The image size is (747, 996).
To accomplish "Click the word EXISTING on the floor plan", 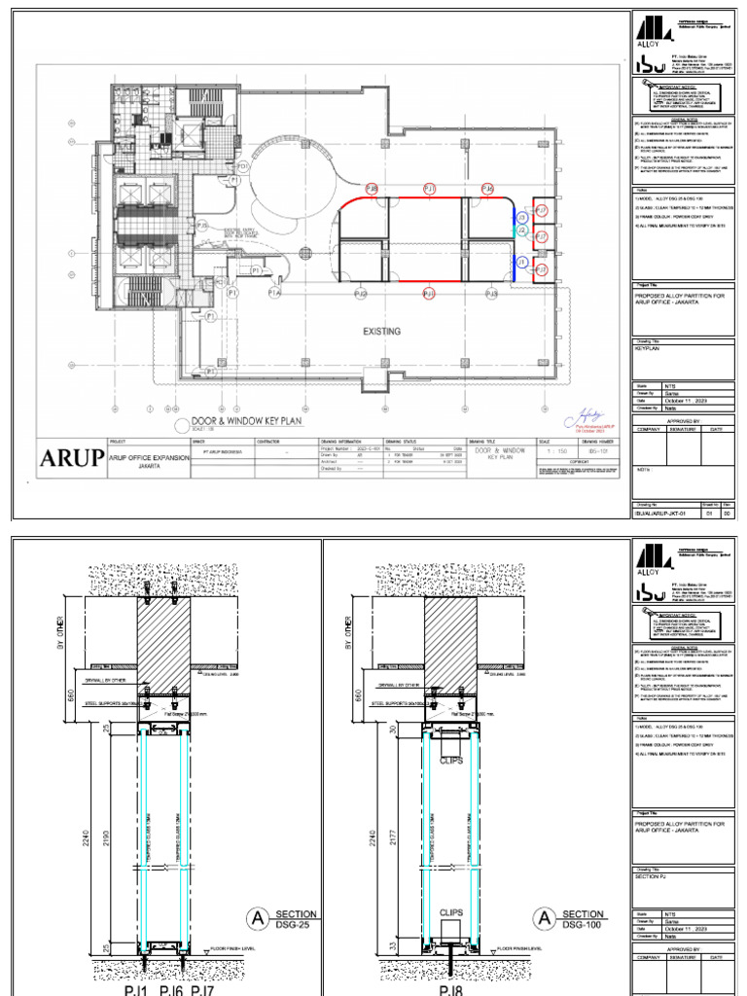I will pos(381,332).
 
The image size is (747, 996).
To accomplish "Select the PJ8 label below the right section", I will pos(450,989).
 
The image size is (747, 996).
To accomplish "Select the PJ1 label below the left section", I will pos(136,989).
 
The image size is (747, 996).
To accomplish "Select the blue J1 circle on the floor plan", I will pos(521,263).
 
